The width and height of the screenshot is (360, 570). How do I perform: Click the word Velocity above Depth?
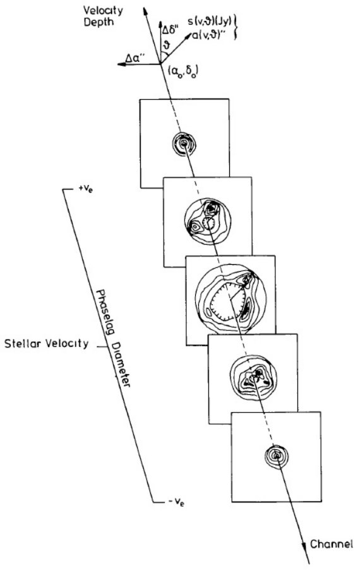103,10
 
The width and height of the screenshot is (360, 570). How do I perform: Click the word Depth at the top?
99,22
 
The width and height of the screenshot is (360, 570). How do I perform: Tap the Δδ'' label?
171,30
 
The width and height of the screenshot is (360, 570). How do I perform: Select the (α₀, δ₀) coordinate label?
183,71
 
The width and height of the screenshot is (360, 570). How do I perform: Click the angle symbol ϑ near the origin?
167,46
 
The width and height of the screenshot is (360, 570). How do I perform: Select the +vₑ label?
85,189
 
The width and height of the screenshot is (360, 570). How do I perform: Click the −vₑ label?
176,503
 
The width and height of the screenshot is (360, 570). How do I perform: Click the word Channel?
332,544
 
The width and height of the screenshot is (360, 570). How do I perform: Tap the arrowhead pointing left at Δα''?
122,64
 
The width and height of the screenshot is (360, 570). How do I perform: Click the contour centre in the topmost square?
184,144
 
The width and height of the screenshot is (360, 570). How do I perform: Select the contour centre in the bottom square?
276,455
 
